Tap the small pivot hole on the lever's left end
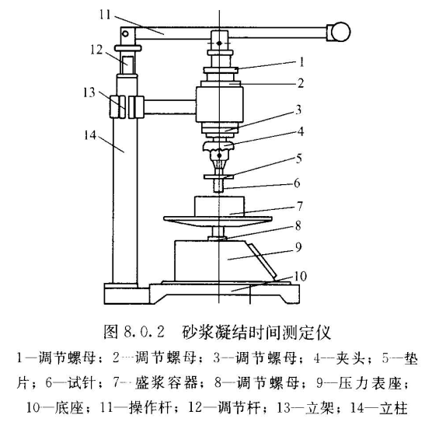click(x=125, y=34)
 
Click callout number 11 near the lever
click(x=106, y=15)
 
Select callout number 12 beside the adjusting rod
click(x=96, y=50)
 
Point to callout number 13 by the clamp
click(x=89, y=92)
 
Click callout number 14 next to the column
click(x=90, y=135)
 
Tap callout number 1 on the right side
click(x=301, y=62)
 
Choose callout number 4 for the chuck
click(x=301, y=131)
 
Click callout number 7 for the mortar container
click(x=300, y=206)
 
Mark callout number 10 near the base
click(x=301, y=276)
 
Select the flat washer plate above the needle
click(x=218, y=177)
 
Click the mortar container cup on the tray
click(x=219, y=207)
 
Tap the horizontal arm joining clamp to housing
click(x=169, y=107)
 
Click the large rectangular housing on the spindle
click(x=219, y=104)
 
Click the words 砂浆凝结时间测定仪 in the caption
click(x=256, y=333)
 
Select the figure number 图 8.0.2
click(x=134, y=333)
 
